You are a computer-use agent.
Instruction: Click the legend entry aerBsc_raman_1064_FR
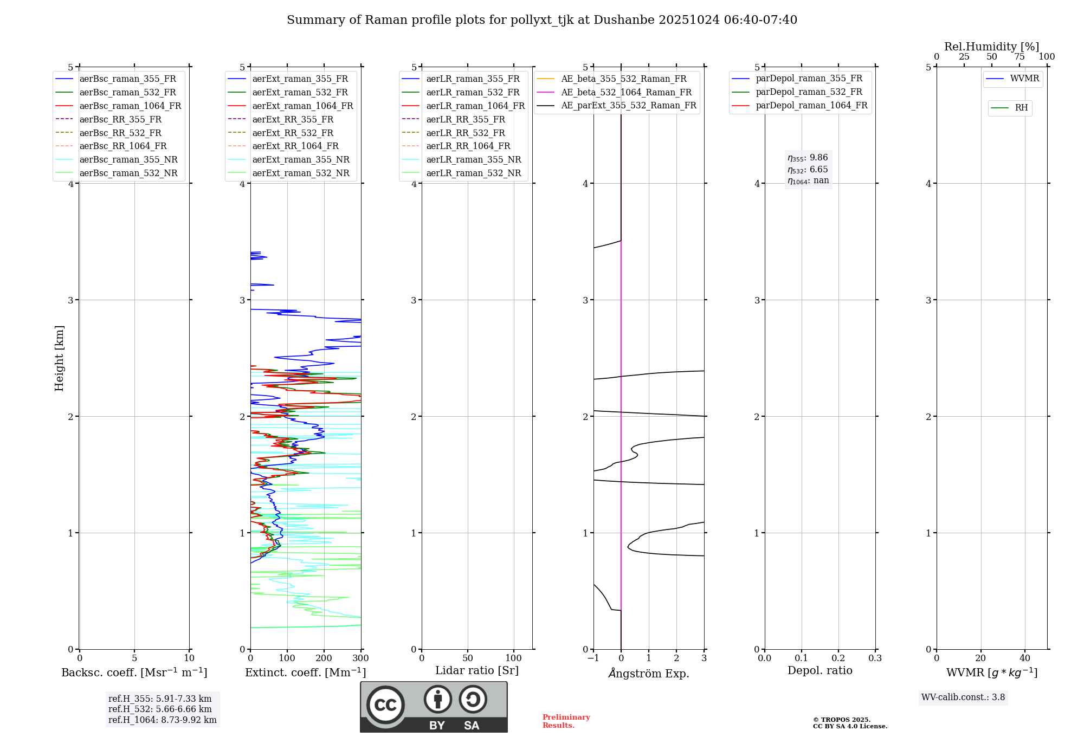tap(130, 106)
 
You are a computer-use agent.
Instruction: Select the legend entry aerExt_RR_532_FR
tap(293, 133)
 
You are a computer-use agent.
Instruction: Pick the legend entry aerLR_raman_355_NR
tap(474, 159)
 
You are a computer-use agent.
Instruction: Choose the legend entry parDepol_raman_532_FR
tap(809, 92)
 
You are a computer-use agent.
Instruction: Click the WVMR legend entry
tap(1024, 79)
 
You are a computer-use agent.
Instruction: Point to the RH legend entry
tap(1021, 108)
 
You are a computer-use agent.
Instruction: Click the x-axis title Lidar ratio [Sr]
tap(477, 670)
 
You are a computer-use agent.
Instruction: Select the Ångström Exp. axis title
tap(649, 674)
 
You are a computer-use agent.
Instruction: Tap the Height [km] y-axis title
tap(59, 358)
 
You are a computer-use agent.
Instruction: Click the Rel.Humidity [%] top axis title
tap(991, 47)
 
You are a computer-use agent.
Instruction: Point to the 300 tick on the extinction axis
tap(361, 658)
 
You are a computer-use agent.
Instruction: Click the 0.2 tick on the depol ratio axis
tap(838, 658)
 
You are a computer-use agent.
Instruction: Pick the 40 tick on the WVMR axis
tap(1025, 658)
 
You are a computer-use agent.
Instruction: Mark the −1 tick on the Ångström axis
tap(593, 658)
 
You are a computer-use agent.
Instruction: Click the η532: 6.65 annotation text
tap(808, 170)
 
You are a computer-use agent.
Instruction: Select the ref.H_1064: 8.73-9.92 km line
tap(162, 720)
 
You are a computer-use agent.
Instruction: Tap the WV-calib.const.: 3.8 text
tap(963, 697)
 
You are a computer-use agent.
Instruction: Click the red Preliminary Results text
tap(566, 721)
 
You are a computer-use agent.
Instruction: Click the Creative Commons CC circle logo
tap(385, 705)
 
